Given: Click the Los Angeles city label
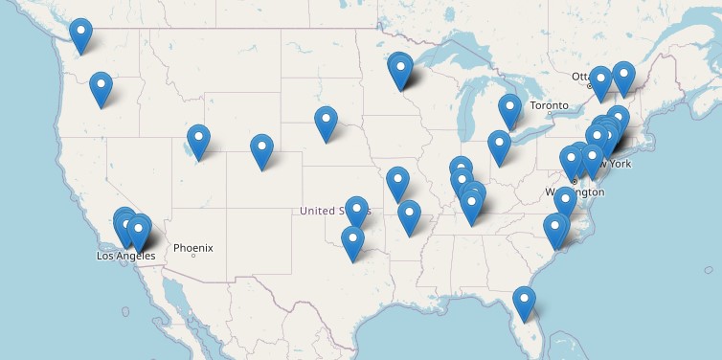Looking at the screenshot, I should [x=125, y=256].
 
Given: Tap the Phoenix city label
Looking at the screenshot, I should [x=192, y=248].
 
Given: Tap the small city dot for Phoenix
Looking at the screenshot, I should [x=193, y=256].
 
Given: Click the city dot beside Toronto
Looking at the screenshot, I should [x=550, y=115].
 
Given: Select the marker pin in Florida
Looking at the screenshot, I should [x=524, y=303].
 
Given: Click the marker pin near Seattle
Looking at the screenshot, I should [x=81, y=34].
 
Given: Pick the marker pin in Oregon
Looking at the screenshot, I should [x=101, y=87].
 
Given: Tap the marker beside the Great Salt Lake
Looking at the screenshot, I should [x=198, y=140].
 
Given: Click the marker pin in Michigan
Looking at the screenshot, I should [x=509, y=109].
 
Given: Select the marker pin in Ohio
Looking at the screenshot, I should [x=499, y=146].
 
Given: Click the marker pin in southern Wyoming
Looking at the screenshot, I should [x=261, y=149].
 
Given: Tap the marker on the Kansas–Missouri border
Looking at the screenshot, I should [x=397, y=182].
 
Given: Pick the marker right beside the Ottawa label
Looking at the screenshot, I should [x=600, y=81].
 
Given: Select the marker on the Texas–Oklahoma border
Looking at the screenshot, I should [x=353, y=242].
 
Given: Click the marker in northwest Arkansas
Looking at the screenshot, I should [x=409, y=215].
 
